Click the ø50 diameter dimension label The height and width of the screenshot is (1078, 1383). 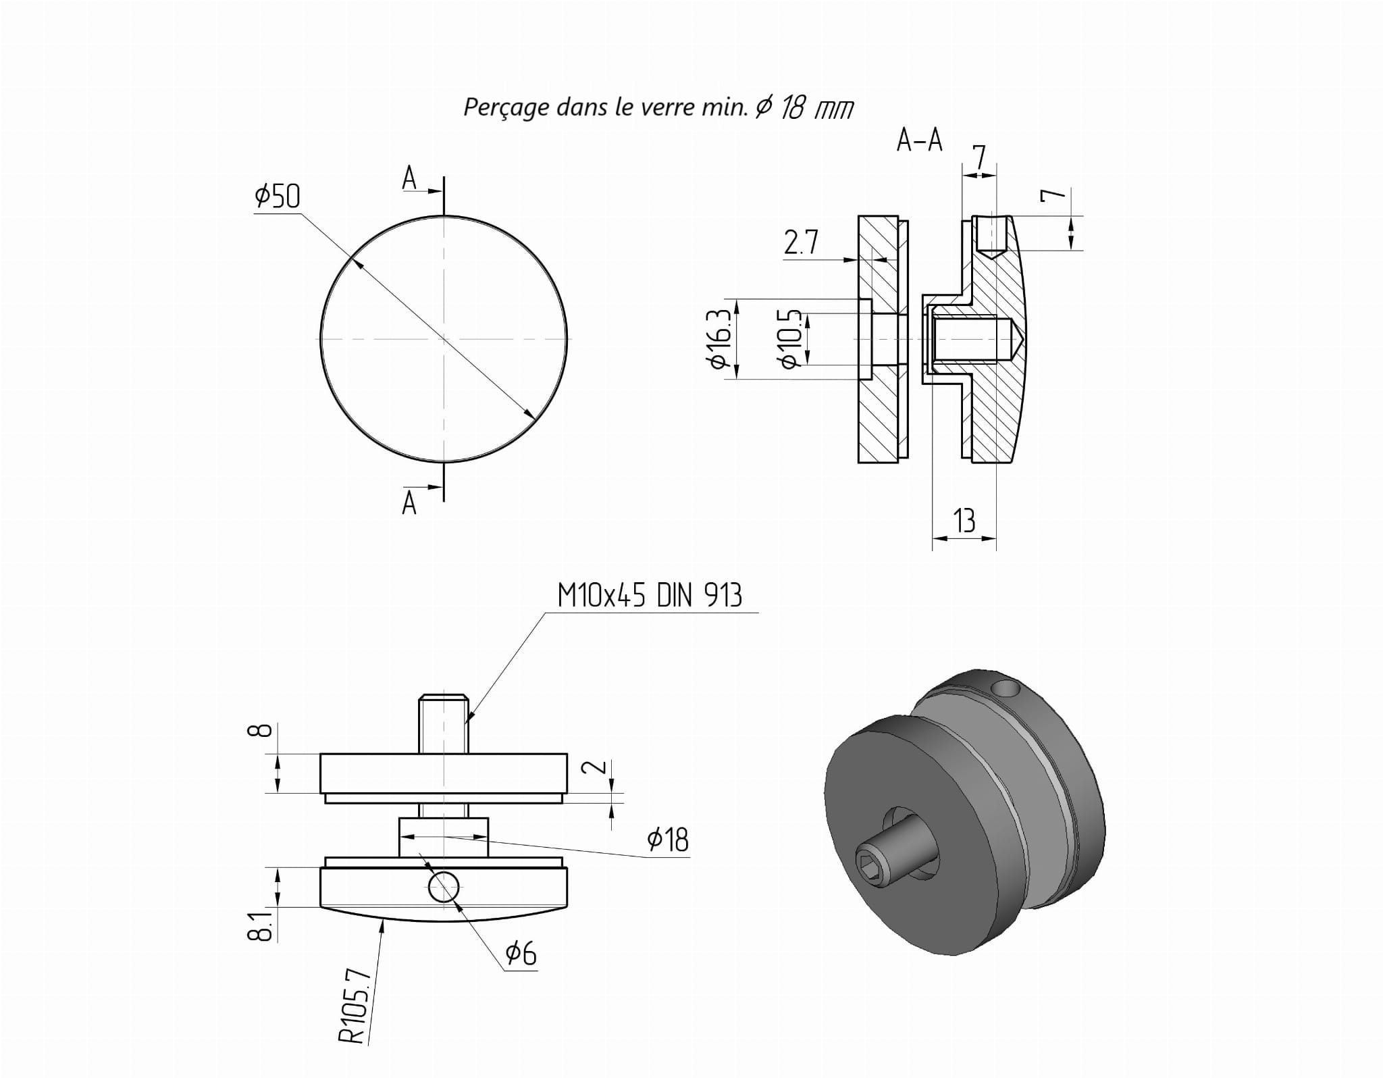tap(277, 197)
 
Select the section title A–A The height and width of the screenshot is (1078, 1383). tap(918, 140)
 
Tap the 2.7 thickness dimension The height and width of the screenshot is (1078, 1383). tap(801, 242)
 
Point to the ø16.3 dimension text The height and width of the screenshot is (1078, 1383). tap(718, 339)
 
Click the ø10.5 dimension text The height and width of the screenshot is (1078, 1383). tap(790, 339)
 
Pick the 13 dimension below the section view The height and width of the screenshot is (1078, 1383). tap(964, 521)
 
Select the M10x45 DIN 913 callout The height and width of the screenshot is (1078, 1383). tap(649, 596)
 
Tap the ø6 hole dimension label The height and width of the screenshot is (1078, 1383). tap(521, 953)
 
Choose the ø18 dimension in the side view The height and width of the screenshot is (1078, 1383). tap(667, 840)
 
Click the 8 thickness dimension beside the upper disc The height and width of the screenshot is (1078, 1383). tap(264, 730)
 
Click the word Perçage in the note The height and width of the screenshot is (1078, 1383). tap(505, 107)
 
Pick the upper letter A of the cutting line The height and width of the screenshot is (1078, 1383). tap(409, 179)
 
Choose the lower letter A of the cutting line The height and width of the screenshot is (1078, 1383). tap(409, 503)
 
